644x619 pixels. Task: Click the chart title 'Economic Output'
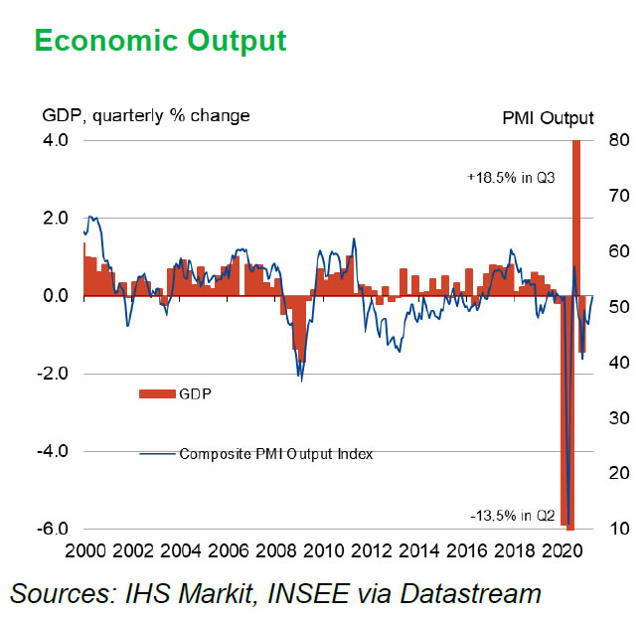[x=160, y=40]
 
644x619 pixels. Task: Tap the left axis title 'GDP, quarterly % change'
[x=145, y=116]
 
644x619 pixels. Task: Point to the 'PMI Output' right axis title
[x=549, y=118]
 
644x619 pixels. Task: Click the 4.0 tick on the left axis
[x=56, y=141]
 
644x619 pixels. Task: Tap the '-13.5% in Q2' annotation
[x=513, y=515]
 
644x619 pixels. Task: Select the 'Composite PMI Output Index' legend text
[x=275, y=454]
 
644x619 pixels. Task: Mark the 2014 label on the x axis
[x=416, y=550]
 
